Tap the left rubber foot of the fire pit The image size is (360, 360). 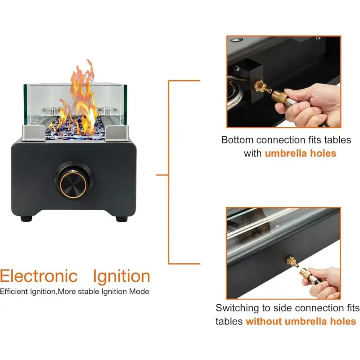pyautogui.click(x=26, y=218)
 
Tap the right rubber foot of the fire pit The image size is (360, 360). pyautogui.click(x=121, y=218)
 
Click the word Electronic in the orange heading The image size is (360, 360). pyautogui.click(x=39, y=276)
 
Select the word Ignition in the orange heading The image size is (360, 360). pyautogui.click(x=121, y=276)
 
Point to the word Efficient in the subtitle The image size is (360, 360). pyautogui.click(x=14, y=291)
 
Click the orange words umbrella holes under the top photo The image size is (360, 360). pyautogui.click(x=300, y=153)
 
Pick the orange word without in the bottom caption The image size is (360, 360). pyautogui.click(x=264, y=321)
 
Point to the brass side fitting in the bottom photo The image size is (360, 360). pyautogui.click(x=292, y=262)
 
